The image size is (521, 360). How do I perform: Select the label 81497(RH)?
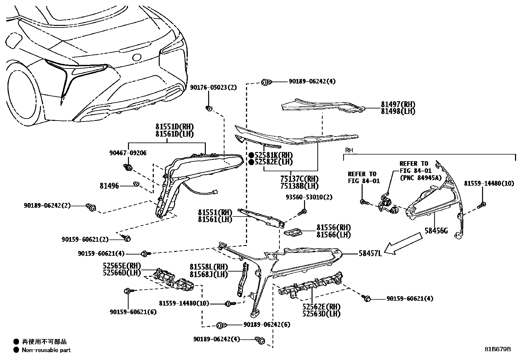point(398,104)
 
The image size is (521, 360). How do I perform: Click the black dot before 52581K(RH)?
point(251,155)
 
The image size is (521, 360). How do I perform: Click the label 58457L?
point(370,253)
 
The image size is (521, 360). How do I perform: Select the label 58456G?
point(436,231)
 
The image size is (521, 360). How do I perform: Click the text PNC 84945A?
point(421,178)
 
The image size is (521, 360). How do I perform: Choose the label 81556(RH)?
point(333,228)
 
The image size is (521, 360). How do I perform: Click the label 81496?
point(109,186)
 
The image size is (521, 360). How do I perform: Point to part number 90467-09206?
point(128,153)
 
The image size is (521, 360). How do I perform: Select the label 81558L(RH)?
point(209,267)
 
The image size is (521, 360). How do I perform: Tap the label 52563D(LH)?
point(321,314)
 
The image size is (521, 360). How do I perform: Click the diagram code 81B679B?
point(498,349)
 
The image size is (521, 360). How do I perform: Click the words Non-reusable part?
point(46,350)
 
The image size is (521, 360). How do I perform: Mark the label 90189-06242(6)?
point(267,325)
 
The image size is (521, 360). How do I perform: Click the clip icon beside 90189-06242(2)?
point(91,207)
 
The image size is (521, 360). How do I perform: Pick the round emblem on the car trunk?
point(136,57)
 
